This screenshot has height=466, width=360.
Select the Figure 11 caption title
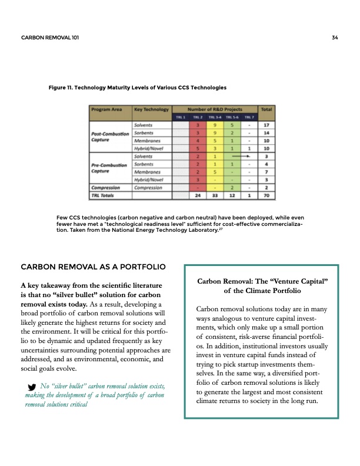(x=137, y=88)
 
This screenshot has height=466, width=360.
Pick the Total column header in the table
(x=266, y=109)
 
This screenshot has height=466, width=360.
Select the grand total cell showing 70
(x=266, y=194)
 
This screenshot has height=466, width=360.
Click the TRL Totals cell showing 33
(x=215, y=194)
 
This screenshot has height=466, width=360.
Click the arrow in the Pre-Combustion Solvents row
(x=242, y=157)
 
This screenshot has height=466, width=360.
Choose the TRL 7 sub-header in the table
(x=249, y=117)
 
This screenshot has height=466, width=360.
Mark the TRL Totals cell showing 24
(x=199, y=194)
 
